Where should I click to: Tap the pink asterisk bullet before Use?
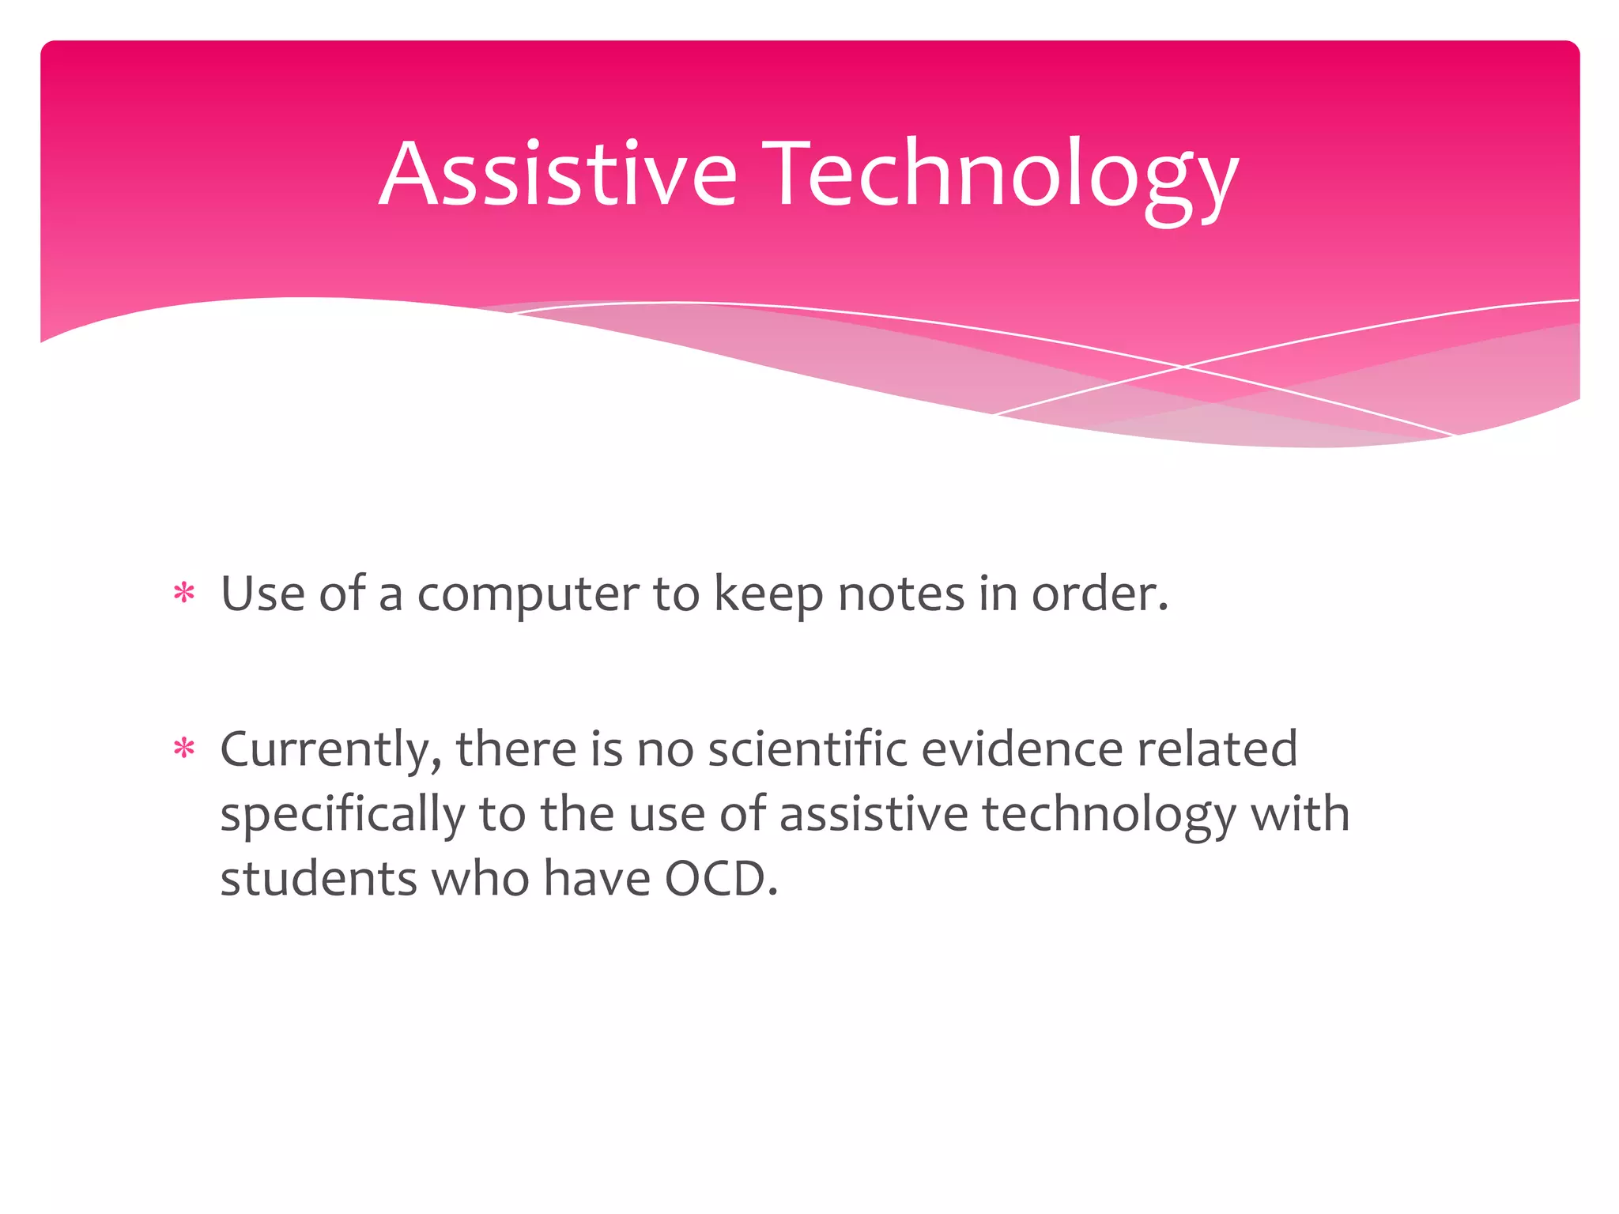[x=184, y=593]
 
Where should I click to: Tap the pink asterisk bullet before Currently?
[x=184, y=748]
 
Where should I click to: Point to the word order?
[x=1099, y=594]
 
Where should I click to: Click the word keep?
[x=768, y=596]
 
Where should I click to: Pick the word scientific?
[x=807, y=749]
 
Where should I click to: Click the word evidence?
[x=1021, y=749]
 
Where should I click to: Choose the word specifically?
[x=342, y=816]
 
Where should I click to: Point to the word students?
[x=318, y=879]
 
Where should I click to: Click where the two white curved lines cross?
[x=1183, y=367]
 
